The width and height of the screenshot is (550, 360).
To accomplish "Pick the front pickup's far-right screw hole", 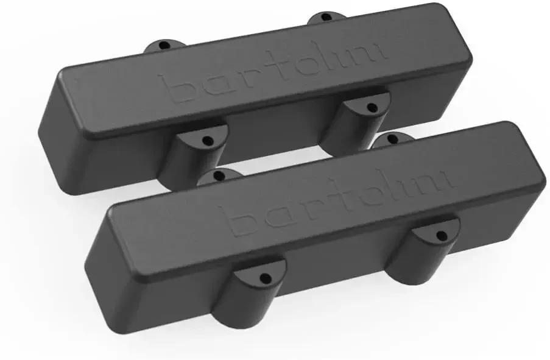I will tap(392, 139).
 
